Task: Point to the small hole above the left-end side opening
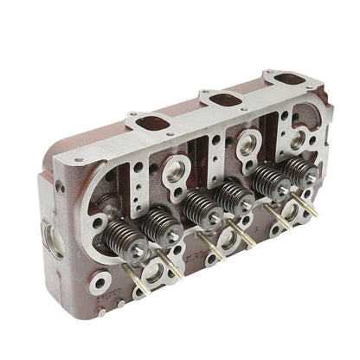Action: click(x=60, y=187)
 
